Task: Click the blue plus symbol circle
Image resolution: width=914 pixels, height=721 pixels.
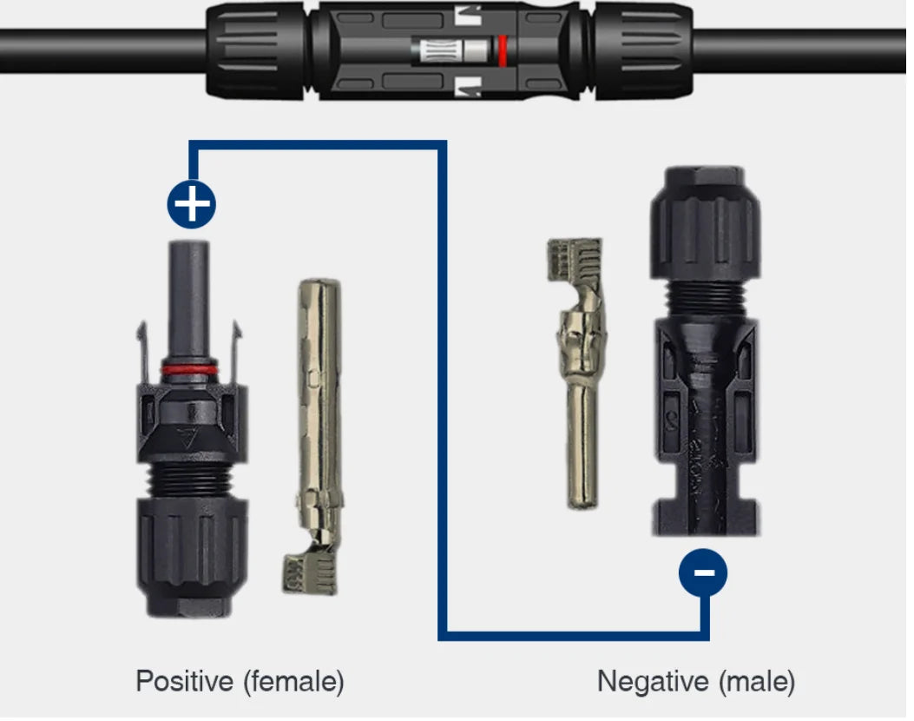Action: click(x=191, y=204)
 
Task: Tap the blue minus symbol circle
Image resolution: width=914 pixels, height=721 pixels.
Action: click(x=703, y=572)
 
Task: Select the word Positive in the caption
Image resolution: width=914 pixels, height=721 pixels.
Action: click(x=185, y=681)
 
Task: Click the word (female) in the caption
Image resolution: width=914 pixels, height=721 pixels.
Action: click(x=293, y=681)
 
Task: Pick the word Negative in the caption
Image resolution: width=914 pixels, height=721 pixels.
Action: click(x=654, y=681)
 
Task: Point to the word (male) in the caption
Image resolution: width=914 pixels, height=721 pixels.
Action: click(x=757, y=681)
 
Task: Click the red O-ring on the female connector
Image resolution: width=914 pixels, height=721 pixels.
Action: click(x=189, y=369)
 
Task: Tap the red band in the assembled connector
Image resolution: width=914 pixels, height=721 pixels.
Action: click(x=502, y=50)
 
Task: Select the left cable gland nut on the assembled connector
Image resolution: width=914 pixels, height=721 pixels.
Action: click(x=256, y=50)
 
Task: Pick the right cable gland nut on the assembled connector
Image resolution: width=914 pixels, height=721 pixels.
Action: click(x=644, y=50)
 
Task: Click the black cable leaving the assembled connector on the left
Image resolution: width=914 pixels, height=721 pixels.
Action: click(x=103, y=51)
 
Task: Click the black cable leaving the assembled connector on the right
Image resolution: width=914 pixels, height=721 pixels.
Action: click(x=799, y=51)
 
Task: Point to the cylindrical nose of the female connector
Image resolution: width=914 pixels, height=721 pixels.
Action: click(x=189, y=301)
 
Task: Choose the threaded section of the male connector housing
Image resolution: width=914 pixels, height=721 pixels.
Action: click(x=706, y=298)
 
